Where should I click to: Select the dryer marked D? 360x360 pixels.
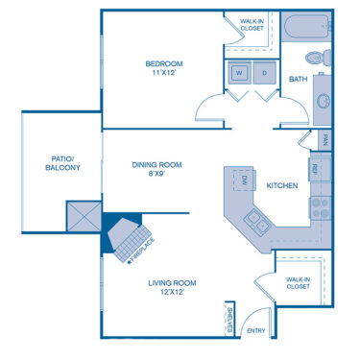coord(263,73)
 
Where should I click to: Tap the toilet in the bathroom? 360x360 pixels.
coord(323,55)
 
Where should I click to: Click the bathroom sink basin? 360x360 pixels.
coord(324,98)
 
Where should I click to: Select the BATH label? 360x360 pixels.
coord(299,81)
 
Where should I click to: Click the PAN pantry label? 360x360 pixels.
coord(325,142)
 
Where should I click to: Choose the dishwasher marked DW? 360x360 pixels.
coord(244,180)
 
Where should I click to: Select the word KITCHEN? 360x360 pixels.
coord(281,185)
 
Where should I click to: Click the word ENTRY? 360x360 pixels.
coord(257,331)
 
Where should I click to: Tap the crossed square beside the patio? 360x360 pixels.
coord(82,218)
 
